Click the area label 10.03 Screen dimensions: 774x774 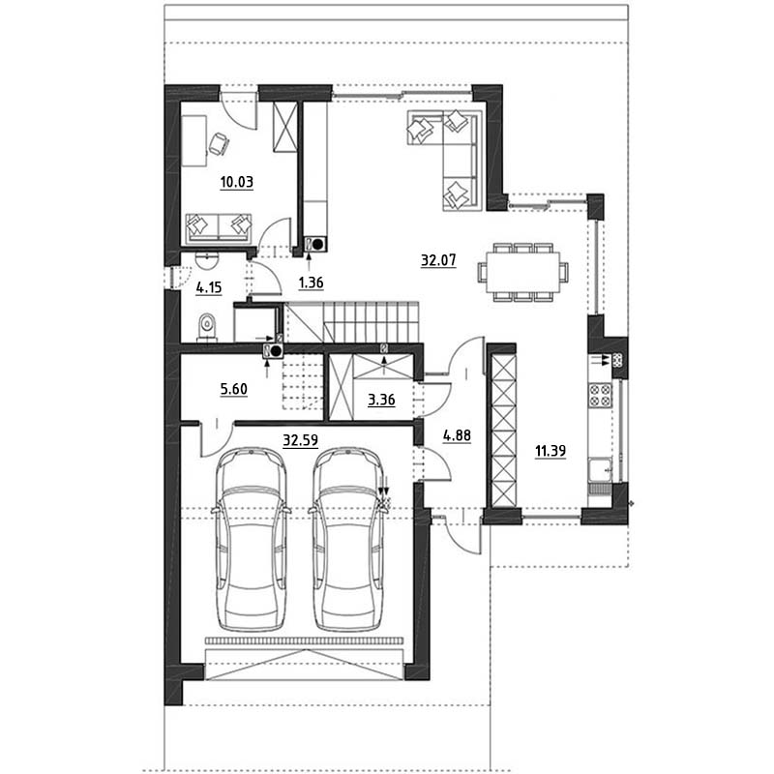coord(236,182)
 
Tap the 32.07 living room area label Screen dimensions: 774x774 coord(438,259)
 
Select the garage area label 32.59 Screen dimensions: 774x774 coord(300,439)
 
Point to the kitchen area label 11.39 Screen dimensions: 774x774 coord(551,450)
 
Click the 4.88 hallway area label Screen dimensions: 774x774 coord(457,435)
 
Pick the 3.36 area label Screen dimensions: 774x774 coord(381,400)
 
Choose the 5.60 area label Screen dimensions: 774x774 coord(233,389)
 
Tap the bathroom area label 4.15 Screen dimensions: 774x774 coord(209,287)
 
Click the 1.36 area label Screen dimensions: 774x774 coord(311,283)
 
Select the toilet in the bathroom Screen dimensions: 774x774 coord(207,327)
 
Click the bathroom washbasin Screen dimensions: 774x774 coord(206,259)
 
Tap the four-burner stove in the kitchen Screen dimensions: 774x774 coord(600,395)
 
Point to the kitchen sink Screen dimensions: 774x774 coord(600,469)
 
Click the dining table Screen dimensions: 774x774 coord(522,272)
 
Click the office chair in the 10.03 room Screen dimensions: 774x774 coord(219,144)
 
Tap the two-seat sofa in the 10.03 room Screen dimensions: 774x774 coord(219,229)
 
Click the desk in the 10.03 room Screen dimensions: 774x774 coord(194,141)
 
